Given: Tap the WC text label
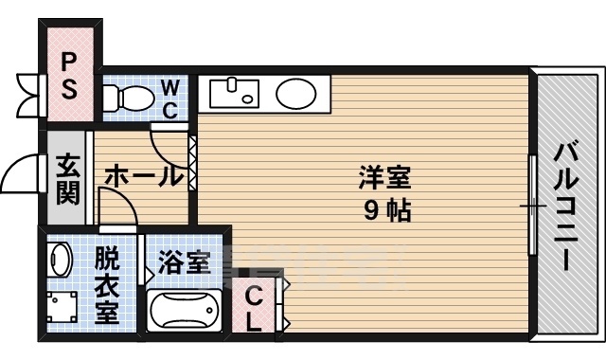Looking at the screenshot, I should (x=169, y=98).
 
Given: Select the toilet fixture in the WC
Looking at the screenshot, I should (x=128, y=98).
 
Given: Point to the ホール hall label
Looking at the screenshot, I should (x=142, y=175).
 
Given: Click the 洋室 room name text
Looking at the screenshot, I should (x=384, y=177).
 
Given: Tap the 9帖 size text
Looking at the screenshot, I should (x=386, y=211).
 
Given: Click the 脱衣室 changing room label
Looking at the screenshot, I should (x=106, y=283).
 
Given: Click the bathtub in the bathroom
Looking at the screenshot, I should (x=186, y=311).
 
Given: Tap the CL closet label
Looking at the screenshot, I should (x=254, y=308).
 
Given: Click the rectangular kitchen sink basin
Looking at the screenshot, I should (x=233, y=93).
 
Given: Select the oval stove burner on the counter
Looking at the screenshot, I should (x=296, y=94).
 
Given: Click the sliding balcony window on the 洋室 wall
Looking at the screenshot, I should (x=532, y=204).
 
